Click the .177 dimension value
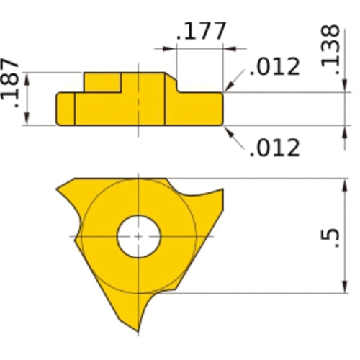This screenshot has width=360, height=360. pyautogui.click(x=201, y=32)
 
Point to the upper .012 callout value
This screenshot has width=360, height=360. pyautogui.click(x=274, y=67)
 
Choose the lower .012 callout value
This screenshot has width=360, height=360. pyautogui.click(x=274, y=148)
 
